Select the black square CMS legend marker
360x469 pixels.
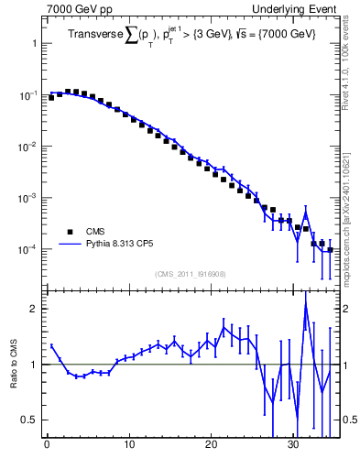pos(66,232)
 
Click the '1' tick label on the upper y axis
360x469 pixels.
pos(33,44)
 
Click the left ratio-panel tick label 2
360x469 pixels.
pos(33,309)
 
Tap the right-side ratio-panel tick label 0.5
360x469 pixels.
pos(349,420)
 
